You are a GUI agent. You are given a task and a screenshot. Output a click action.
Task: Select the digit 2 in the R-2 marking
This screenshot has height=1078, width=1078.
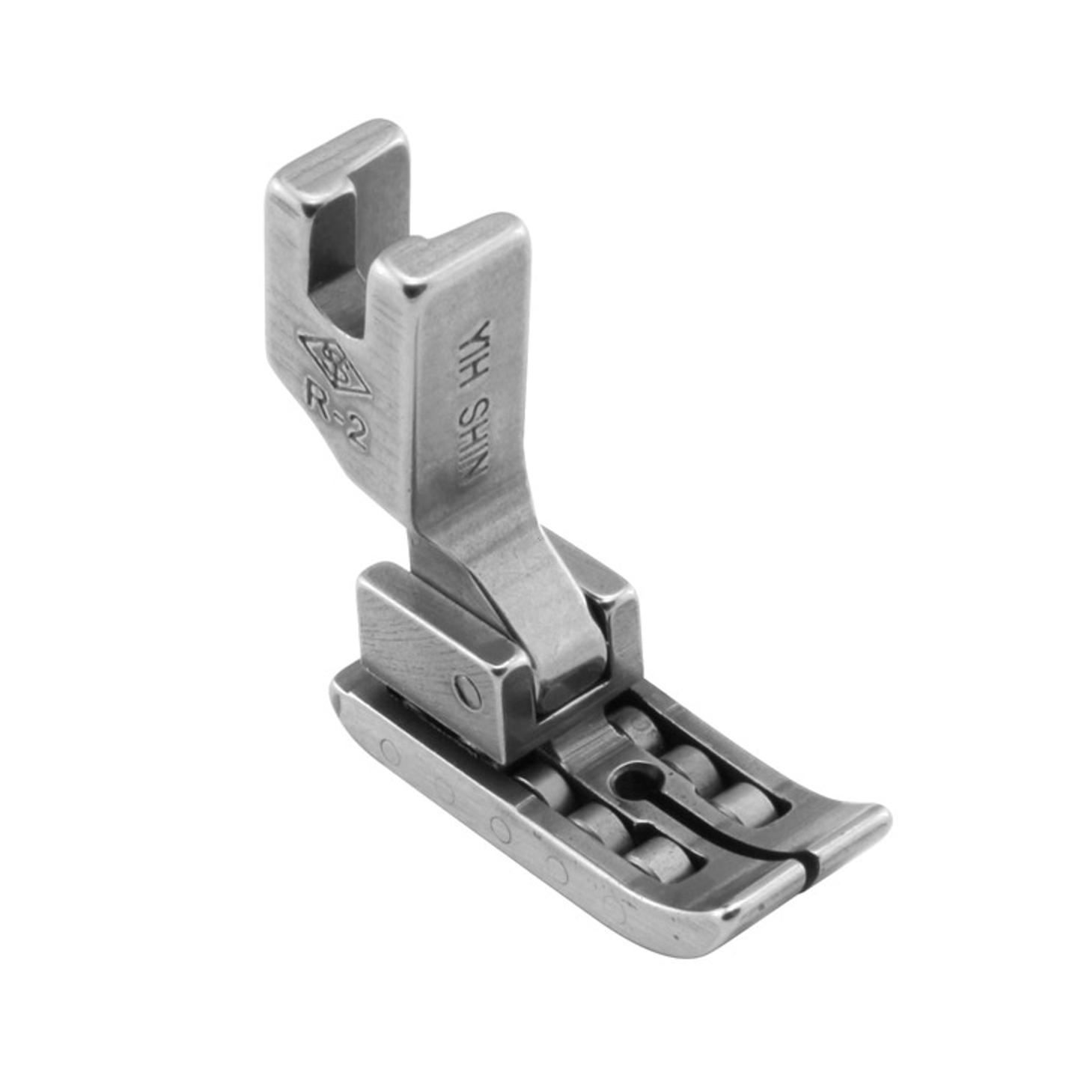(x=356, y=432)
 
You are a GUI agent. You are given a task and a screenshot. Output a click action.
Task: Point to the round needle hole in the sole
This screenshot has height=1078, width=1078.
(x=630, y=780)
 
